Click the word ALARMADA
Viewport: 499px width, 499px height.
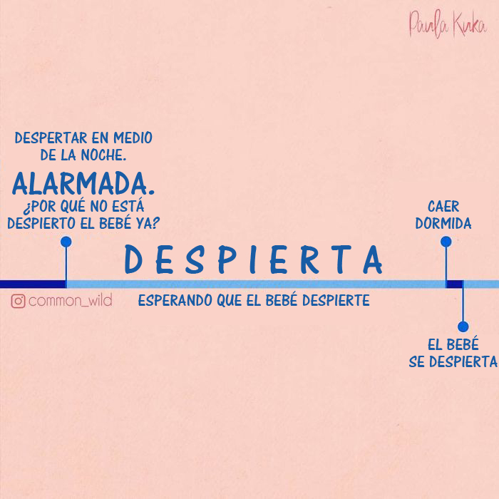point(83,183)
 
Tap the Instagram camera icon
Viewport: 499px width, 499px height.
point(19,301)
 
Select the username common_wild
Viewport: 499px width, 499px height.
point(70,301)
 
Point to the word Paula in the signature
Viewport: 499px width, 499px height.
point(426,24)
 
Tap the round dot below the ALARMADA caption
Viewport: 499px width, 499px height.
point(66,242)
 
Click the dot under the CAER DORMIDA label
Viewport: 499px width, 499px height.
point(446,242)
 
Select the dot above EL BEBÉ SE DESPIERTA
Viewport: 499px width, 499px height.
point(463,327)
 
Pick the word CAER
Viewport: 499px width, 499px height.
point(443,206)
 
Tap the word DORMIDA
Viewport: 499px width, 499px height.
point(443,224)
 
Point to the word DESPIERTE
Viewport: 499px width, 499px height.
point(336,301)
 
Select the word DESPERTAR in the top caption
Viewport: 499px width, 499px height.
point(48,138)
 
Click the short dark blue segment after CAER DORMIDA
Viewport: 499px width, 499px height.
point(455,284)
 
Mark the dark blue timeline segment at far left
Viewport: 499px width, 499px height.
point(32,284)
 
